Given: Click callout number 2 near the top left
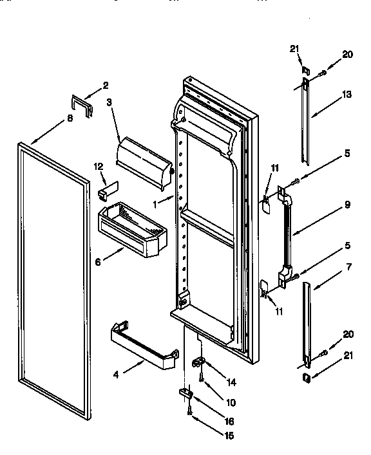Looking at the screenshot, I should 106,86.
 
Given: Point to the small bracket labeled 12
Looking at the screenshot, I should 105,192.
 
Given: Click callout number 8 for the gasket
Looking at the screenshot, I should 70,118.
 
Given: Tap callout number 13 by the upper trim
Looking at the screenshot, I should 347,95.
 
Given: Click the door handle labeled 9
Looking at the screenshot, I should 285,235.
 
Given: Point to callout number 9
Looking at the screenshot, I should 347,205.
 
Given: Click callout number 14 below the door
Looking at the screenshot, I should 231,382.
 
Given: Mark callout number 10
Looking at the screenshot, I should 231,402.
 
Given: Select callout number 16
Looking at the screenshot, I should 229,422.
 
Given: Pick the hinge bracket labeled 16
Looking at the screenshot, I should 187,392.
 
